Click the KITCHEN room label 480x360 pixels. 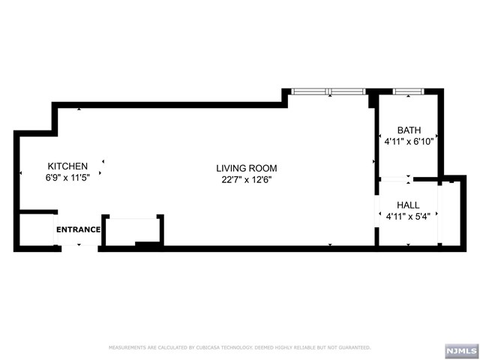(68, 166)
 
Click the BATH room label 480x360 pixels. (409, 130)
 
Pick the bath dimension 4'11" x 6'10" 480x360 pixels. (409, 141)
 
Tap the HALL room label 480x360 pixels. (408, 205)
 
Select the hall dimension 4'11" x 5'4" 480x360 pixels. (408, 217)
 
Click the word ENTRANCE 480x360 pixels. (78, 229)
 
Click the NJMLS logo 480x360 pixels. (460, 350)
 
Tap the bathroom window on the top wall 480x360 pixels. (409, 91)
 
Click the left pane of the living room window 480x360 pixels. (309, 91)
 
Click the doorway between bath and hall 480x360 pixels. (395, 179)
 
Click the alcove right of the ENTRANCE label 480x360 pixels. (132, 229)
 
